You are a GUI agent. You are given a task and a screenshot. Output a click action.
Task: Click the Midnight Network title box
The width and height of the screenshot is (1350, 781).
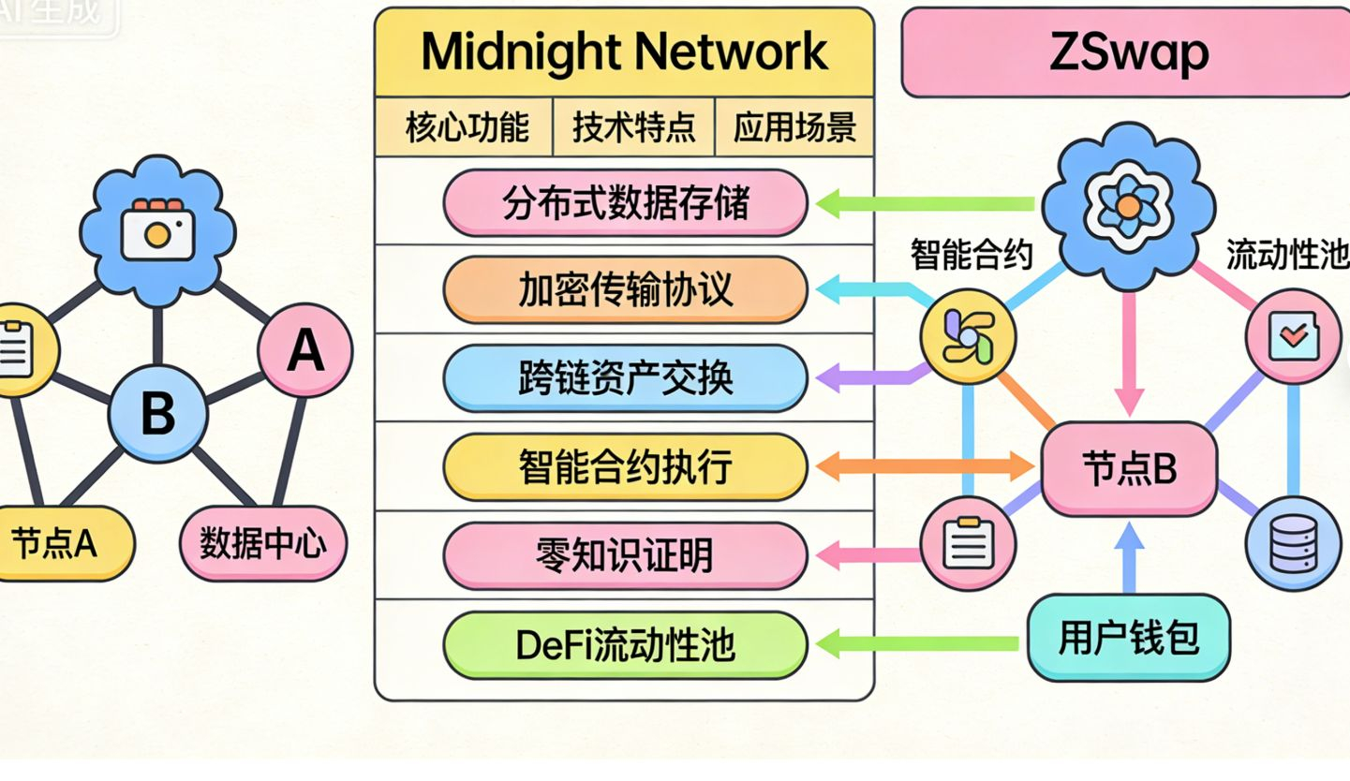tap(624, 52)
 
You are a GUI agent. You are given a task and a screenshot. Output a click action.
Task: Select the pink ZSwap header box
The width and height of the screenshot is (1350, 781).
tap(1127, 52)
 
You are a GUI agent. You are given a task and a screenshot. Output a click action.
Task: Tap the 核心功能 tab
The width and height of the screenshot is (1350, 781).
tap(466, 126)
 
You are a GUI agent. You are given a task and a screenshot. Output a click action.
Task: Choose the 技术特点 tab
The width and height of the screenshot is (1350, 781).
tap(633, 126)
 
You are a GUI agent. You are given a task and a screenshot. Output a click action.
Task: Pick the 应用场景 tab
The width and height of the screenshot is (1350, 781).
tap(794, 126)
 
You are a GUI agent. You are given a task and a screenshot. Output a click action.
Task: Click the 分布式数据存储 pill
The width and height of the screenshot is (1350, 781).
tap(625, 202)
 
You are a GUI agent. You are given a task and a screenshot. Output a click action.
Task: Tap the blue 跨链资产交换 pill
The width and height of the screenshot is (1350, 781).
tap(625, 378)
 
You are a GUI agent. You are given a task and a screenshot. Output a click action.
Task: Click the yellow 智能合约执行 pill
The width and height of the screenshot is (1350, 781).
tap(625, 466)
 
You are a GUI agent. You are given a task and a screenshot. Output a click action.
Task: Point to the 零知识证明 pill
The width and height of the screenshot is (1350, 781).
tap(625, 555)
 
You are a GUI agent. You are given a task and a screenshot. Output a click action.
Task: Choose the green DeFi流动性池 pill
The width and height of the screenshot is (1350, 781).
tap(625, 644)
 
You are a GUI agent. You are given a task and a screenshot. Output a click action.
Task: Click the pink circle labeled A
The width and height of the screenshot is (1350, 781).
tap(305, 351)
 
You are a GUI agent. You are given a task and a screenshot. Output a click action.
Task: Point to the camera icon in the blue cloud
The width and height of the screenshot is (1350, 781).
tap(157, 228)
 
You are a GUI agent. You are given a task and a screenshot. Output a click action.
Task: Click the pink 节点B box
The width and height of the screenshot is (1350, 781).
tap(1129, 468)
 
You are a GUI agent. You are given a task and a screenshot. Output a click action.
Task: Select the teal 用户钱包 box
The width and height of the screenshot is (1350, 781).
tap(1129, 638)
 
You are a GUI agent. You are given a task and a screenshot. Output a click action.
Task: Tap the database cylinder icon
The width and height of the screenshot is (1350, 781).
tap(1293, 543)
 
